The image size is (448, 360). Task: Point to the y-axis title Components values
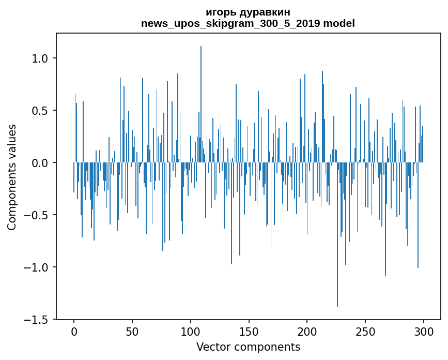[12, 177]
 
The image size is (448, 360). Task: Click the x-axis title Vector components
[248, 347]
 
